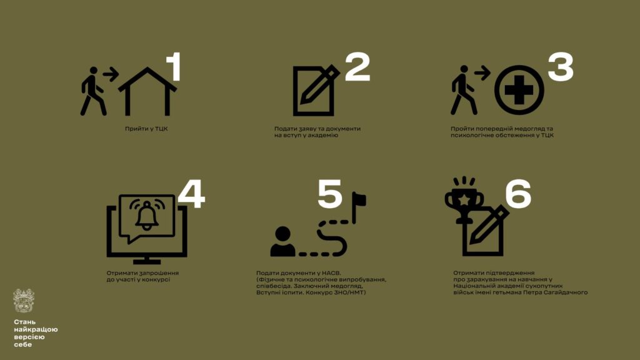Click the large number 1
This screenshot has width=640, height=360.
coord(174,66)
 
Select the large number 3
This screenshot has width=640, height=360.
coord(561,66)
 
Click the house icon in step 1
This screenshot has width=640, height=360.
coord(147,91)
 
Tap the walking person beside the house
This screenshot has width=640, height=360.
coord(94,91)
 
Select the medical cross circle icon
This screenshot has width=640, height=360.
coord(519,90)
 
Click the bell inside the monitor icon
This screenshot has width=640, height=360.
coord(147,215)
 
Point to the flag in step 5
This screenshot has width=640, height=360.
coord(359,207)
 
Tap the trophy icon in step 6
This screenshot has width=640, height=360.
coord(464,200)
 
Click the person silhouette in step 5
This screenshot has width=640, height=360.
coord(282,242)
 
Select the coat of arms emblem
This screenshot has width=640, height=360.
coord(23,301)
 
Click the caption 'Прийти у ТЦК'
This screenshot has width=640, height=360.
coord(146,129)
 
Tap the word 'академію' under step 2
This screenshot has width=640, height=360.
coord(324,135)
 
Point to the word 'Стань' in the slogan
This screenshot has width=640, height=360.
coord(24,322)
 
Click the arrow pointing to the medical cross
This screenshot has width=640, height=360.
coord(482,73)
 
